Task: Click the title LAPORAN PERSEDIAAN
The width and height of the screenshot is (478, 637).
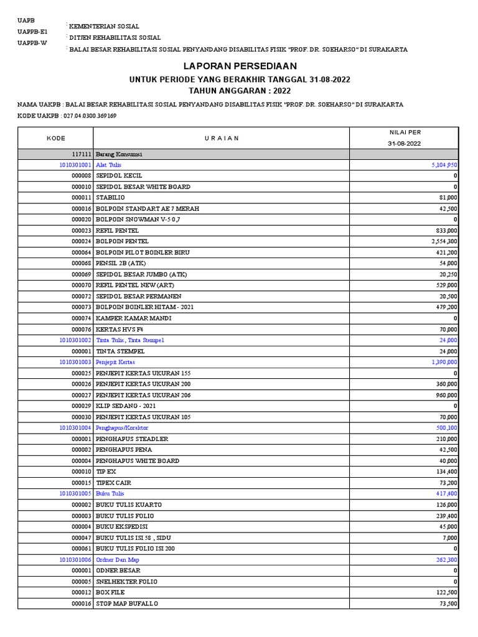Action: [240, 66]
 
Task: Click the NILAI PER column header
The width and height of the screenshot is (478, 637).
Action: [405, 133]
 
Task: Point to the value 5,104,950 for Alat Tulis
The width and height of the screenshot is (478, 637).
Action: [444, 165]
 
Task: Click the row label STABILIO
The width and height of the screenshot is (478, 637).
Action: [110, 198]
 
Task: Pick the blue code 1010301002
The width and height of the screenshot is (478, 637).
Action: [75, 340]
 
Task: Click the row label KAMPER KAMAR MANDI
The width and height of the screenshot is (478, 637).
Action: [130, 318]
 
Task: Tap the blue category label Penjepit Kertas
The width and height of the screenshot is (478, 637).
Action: [115, 362]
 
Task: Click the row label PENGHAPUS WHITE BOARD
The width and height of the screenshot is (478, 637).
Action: [138, 461]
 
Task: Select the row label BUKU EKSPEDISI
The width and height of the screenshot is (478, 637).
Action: [123, 527]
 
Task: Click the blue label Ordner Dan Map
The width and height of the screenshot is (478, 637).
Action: [118, 560]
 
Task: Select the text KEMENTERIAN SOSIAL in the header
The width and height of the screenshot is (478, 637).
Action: [105, 27]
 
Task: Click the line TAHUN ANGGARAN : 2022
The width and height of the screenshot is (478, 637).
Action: [240, 90]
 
